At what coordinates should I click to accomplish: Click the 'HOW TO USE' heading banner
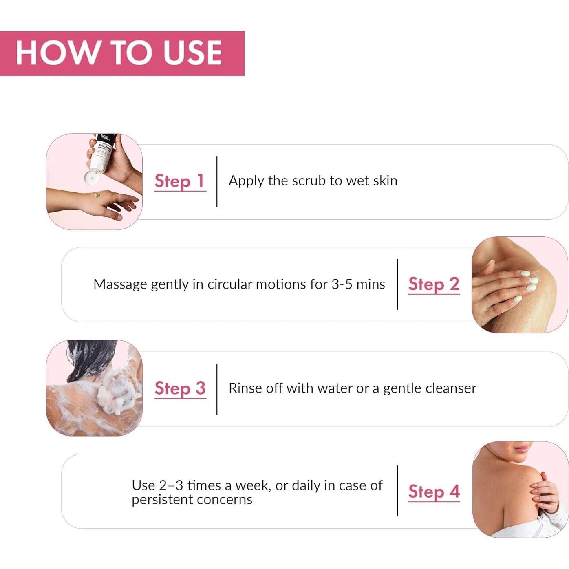(121, 53)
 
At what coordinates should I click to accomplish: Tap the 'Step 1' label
(180, 181)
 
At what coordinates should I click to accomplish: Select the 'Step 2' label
(434, 284)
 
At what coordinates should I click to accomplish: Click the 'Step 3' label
(180, 388)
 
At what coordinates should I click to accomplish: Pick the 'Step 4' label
(434, 492)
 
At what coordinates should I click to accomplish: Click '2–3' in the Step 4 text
(171, 485)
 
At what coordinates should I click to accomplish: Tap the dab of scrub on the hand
(97, 196)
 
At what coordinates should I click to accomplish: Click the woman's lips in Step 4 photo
(522, 448)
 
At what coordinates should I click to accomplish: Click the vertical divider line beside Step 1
(217, 181)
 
